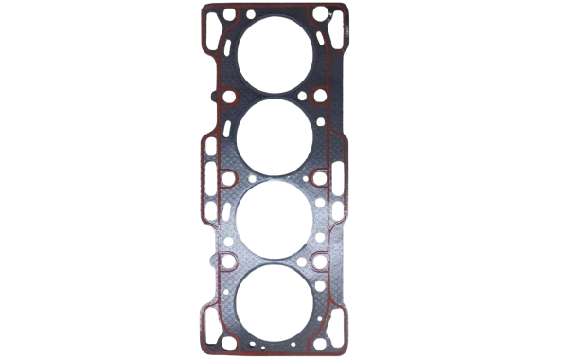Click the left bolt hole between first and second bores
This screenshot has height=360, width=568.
coord(229,97)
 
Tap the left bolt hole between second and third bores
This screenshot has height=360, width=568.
coord(229,178)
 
